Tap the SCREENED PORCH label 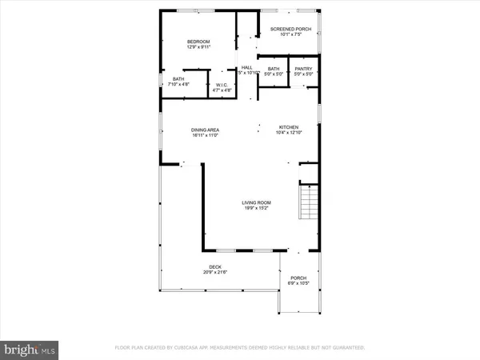[290, 29]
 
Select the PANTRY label [302, 69]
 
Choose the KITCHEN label [288, 127]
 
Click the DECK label [215, 267]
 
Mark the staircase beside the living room [309, 201]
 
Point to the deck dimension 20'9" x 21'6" [215, 273]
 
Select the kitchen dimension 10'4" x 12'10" [288, 133]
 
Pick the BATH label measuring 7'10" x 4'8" [178, 78]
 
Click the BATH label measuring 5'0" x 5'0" [274, 69]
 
